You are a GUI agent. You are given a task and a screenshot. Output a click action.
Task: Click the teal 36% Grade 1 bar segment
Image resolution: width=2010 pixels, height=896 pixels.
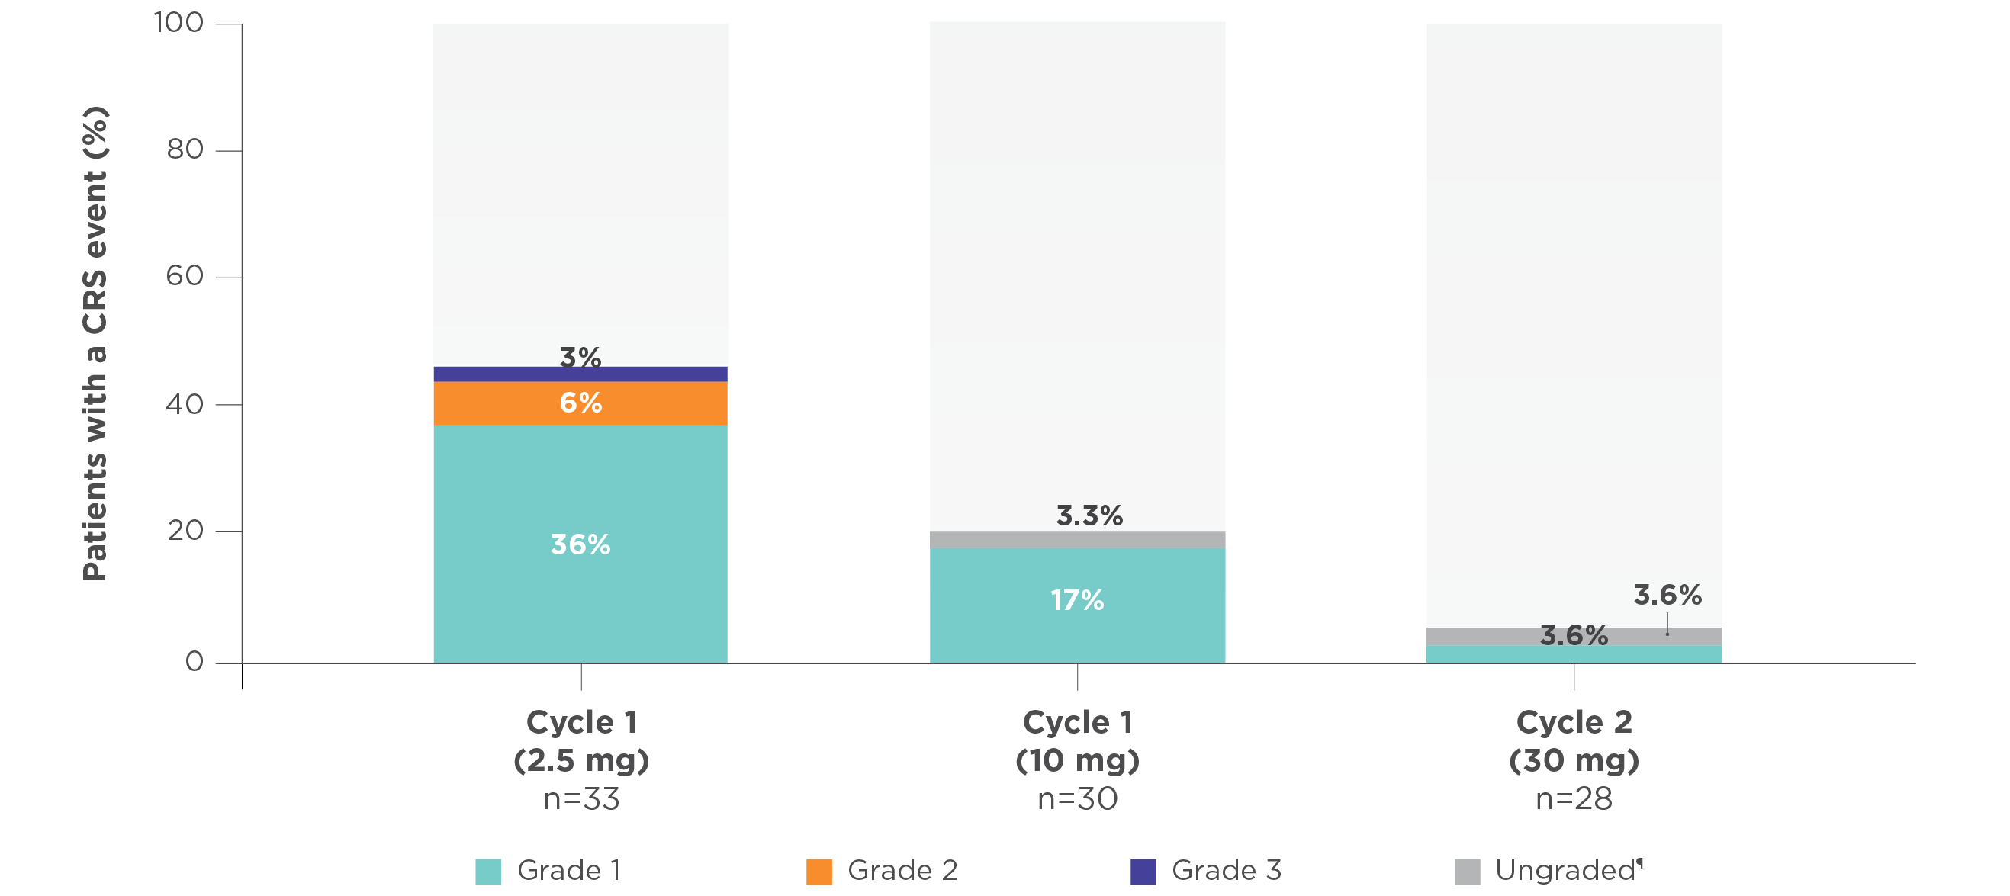pyautogui.click(x=580, y=499)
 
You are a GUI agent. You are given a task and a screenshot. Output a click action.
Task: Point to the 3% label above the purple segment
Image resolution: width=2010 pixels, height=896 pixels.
pyautogui.click(x=580, y=356)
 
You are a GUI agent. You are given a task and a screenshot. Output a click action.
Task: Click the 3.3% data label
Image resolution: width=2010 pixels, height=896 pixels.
pyautogui.click(x=1089, y=515)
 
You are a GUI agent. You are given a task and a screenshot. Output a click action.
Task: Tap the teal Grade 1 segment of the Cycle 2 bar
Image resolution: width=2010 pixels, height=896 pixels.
pyautogui.click(x=1574, y=654)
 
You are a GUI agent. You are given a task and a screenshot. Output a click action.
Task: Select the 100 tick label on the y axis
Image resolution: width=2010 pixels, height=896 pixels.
pyautogui.click(x=178, y=23)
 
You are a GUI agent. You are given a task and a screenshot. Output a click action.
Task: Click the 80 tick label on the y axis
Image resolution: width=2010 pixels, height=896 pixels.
pyautogui.click(x=185, y=149)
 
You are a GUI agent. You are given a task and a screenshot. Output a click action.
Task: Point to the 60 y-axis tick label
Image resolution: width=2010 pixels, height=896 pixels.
pyautogui.click(x=185, y=276)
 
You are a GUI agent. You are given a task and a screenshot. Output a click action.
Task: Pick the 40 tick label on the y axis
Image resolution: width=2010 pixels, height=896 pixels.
pyautogui.click(x=185, y=404)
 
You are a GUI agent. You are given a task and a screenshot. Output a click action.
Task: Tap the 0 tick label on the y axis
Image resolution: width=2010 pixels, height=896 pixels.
pyautogui.click(x=195, y=662)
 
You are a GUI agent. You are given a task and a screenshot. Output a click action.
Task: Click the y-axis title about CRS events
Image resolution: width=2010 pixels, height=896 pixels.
pyautogui.click(x=95, y=343)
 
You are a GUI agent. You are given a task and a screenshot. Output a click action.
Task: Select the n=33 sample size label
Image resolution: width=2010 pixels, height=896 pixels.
pyautogui.click(x=581, y=799)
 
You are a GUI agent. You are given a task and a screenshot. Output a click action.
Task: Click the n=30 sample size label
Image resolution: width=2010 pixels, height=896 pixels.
pyautogui.click(x=1078, y=799)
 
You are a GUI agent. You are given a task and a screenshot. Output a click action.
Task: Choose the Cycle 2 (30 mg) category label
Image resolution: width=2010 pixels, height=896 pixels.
pyautogui.click(x=1574, y=740)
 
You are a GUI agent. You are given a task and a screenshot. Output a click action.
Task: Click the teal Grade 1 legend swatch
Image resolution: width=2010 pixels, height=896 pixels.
pyautogui.click(x=487, y=871)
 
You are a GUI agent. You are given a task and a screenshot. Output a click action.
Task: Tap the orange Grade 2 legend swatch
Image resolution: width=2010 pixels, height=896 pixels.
pyautogui.click(x=818, y=871)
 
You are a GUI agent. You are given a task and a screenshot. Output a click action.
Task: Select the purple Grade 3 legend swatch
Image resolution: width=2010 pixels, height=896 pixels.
pyautogui.click(x=1143, y=871)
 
